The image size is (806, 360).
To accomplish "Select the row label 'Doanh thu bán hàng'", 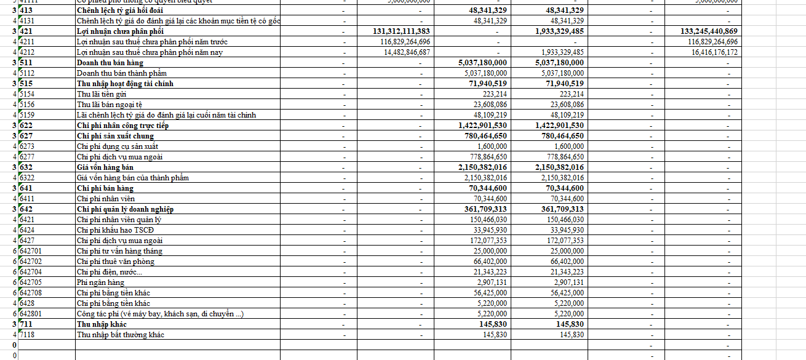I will pos(110,63).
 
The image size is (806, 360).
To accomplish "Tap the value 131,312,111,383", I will pos(401,31).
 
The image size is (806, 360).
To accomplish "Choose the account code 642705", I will pos(31,282).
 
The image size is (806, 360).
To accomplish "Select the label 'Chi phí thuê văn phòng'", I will pos(115,262).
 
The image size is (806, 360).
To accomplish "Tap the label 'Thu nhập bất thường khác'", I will pos(120,335).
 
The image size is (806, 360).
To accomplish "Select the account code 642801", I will pos(31,314).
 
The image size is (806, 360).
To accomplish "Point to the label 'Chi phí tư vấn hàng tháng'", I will pos(119,251).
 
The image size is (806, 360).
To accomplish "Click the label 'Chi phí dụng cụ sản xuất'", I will pos(117,146).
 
